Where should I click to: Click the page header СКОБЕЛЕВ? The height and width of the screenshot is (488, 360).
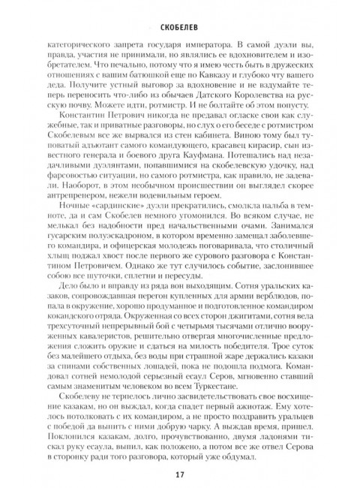179,13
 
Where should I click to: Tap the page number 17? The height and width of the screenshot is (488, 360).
179,473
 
